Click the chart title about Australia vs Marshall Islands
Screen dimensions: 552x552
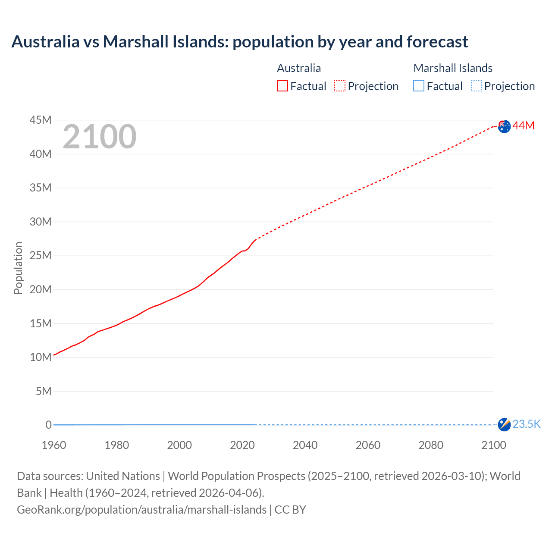pos(239,42)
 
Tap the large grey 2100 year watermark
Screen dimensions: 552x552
pos(100,137)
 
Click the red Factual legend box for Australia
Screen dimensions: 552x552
pos(282,86)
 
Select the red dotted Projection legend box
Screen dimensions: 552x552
pos(340,86)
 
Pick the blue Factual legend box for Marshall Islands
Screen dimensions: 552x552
pos(419,86)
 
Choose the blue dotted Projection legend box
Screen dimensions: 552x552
pos(477,86)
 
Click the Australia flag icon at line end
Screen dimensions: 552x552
pos(504,126)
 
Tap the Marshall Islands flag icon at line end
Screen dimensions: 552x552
pos(504,424)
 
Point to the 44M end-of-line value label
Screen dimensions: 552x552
pos(524,125)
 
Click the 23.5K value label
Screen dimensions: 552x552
pos(527,424)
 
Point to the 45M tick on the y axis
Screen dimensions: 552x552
pos(41,120)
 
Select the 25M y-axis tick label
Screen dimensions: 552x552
pos(41,255)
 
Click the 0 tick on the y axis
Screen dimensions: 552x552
pos(48,425)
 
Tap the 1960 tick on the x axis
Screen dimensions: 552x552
pos(54,445)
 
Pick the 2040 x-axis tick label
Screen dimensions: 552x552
pos(305,445)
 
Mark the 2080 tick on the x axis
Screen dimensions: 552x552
pos(431,445)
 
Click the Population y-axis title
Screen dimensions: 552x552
pos(18,268)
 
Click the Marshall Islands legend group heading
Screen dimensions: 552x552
pos(453,68)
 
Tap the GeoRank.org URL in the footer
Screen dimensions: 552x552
pos(141,510)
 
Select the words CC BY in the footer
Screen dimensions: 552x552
pos(290,510)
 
